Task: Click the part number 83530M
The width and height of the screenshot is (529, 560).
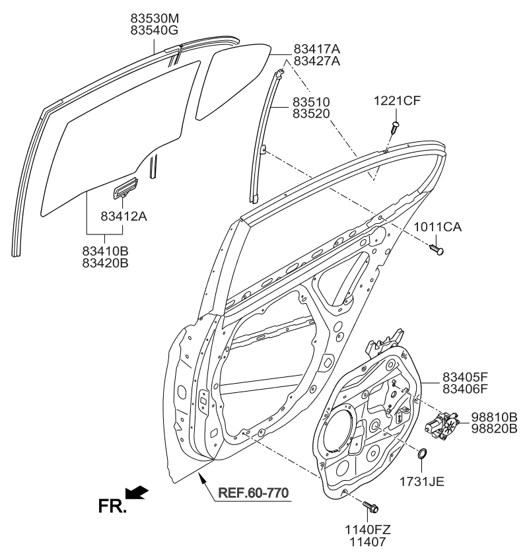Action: click(x=153, y=17)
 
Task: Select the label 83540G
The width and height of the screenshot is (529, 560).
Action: click(x=153, y=30)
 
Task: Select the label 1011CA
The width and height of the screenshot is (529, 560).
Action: click(x=438, y=228)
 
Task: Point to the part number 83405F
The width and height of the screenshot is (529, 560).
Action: click(x=464, y=378)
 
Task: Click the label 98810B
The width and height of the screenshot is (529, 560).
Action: click(x=493, y=417)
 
